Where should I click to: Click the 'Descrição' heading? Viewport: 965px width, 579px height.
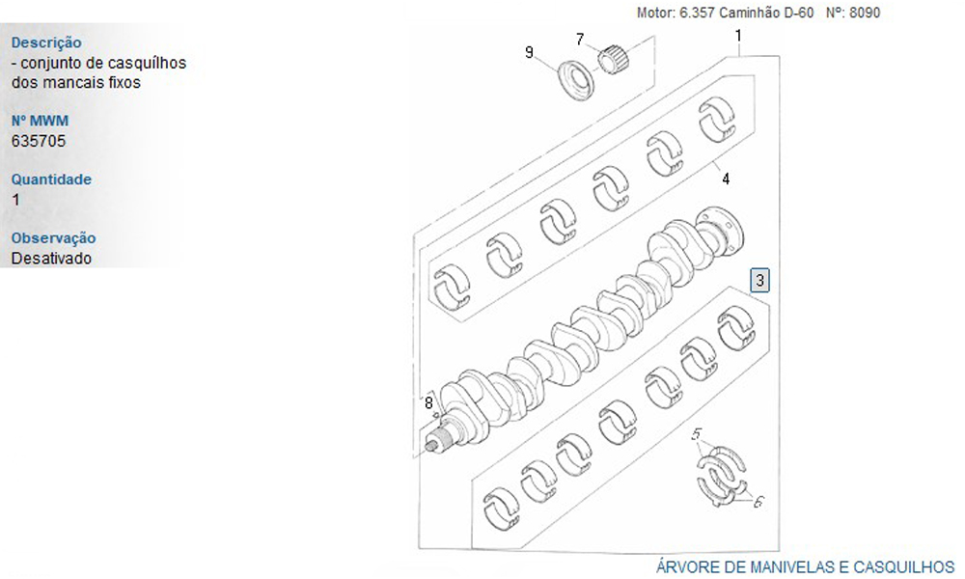point(46,43)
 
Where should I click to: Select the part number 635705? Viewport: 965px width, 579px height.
point(39,141)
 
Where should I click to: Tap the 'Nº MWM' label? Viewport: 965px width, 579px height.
point(40,121)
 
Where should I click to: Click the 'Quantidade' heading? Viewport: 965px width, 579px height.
point(51,179)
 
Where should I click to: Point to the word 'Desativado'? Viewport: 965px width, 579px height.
point(51,258)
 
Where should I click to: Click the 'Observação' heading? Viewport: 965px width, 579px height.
point(53,238)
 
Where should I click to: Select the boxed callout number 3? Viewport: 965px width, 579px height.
point(760,281)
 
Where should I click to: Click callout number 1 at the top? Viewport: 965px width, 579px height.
point(738,36)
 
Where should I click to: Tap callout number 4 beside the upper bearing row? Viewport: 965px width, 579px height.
point(727,179)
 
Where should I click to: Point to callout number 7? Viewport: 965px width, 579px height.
point(580,40)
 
